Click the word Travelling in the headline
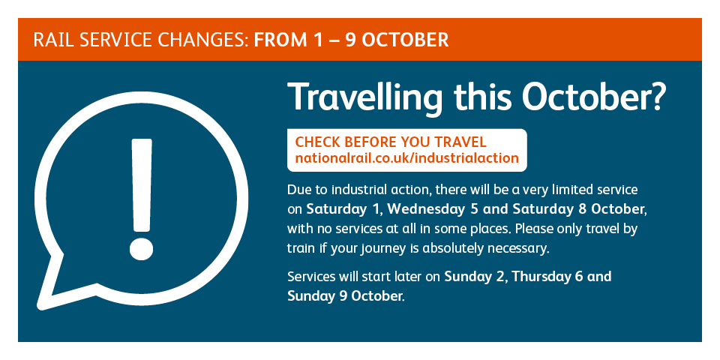pyautogui.click(x=365, y=98)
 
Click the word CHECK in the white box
pyautogui.click(x=316, y=142)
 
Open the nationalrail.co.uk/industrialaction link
pyautogui.click(x=406, y=158)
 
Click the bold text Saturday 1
pyautogui.click(x=343, y=209)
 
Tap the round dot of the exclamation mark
pyautogui.click(x=141, y=248)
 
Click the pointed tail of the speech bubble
pyautogui.click(x=42, y=305)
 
